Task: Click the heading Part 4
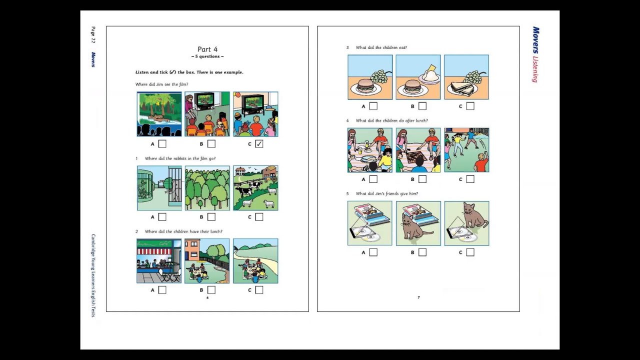(x=207, y=49)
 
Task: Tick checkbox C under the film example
(x=259, y=144)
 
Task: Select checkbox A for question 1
(x=162, y=217)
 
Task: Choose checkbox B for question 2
(x=211, y=290)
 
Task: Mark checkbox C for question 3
(x=470, y=106)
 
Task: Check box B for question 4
(x=422, y=179)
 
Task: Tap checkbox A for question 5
(x=373, y=252)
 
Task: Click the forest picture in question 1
(x=207, y=188)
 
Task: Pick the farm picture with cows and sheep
(x=255, y=188)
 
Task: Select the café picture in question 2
(x=159, y=261)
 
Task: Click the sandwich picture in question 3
(x=466, y=77)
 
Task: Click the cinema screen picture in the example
(x=159, y=114)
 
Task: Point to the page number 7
(x=418, y=297)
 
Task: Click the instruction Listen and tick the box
(x=189, y=72)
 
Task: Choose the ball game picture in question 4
(x=466, y=150)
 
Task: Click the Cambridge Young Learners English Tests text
(x=93, y=275)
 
